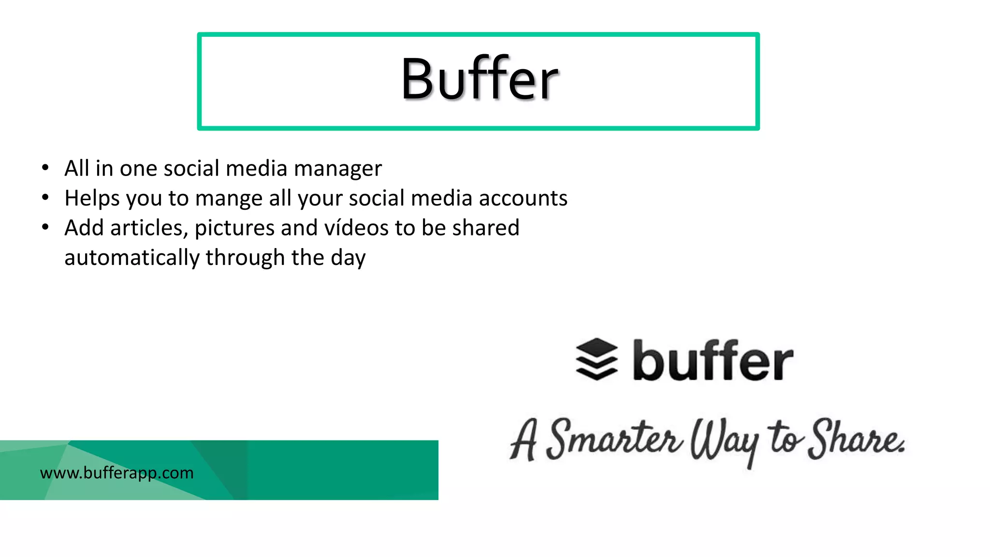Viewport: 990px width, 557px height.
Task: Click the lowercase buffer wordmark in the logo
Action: pos(713,361)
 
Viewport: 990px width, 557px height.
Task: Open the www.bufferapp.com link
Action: pos(116,473)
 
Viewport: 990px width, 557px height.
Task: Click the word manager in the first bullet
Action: pos(337,169)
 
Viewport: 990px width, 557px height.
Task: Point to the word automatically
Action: pos(131,258)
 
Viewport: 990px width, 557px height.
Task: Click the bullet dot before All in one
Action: pos(45,168)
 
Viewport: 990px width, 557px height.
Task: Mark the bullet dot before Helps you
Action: pos(45,197)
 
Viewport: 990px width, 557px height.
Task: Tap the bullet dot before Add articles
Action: pos(45,227)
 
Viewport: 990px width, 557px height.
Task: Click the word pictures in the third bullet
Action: pos(234,228)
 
